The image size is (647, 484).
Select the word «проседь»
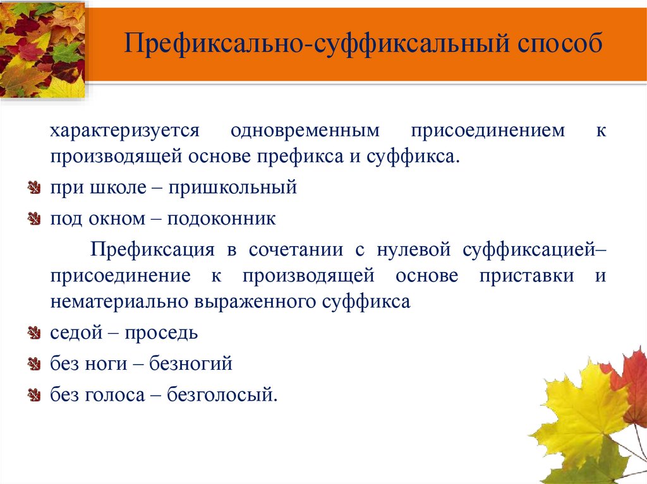pyautogui.click(x=161, y=333)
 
